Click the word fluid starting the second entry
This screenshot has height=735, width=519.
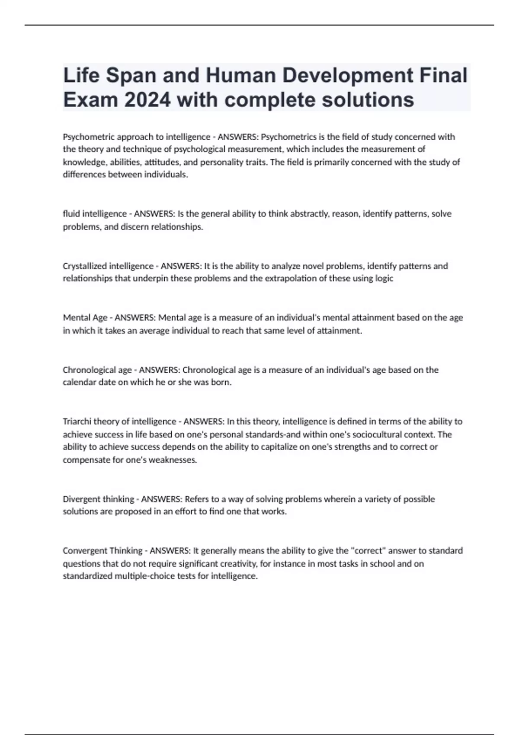pyautogui.click(x=71, y=214)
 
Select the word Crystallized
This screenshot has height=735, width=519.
pyautogui.click(x=85, y=266)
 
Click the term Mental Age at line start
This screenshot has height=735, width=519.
pyautogui.click(x=85, y=318)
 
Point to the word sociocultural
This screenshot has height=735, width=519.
pyautogui.click(x=375, y=435)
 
